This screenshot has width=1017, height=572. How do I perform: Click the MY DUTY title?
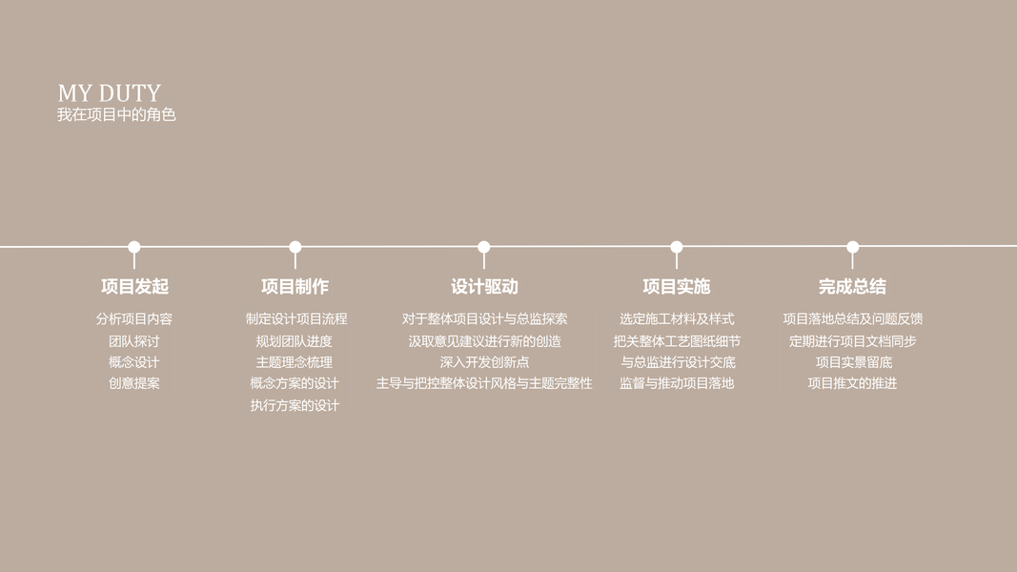(109, 93)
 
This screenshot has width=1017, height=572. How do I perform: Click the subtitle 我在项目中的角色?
(116, 115)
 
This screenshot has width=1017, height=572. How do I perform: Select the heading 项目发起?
(134, 286)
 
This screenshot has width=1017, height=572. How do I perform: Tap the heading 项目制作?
(295, 286)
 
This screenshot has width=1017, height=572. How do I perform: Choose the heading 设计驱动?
(484, 286)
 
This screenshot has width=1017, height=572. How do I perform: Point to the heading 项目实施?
(677, 286)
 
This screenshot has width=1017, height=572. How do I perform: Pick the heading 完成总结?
(852, 286)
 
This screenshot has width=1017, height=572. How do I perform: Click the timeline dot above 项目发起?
(134, 247)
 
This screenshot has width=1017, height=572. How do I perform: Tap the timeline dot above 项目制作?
(295, 247)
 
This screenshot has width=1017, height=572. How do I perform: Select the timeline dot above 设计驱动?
(484, 247)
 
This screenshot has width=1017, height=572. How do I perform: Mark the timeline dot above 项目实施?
(677, 247)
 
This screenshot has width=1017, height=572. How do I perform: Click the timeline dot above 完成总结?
(853, 247)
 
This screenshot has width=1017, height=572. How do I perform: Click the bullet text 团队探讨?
(134, 341)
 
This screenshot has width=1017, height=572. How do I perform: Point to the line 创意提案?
(134, 383)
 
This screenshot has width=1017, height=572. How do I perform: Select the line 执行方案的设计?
(295, 405)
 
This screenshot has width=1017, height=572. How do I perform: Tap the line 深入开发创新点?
(484, 362)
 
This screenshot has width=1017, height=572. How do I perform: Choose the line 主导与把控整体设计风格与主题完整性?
(484, 383)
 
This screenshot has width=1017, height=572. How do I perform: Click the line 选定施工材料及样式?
(677, 319)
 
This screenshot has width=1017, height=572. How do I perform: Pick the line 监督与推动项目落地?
(677, 383)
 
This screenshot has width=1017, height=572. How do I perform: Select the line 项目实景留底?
(853, 362)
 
